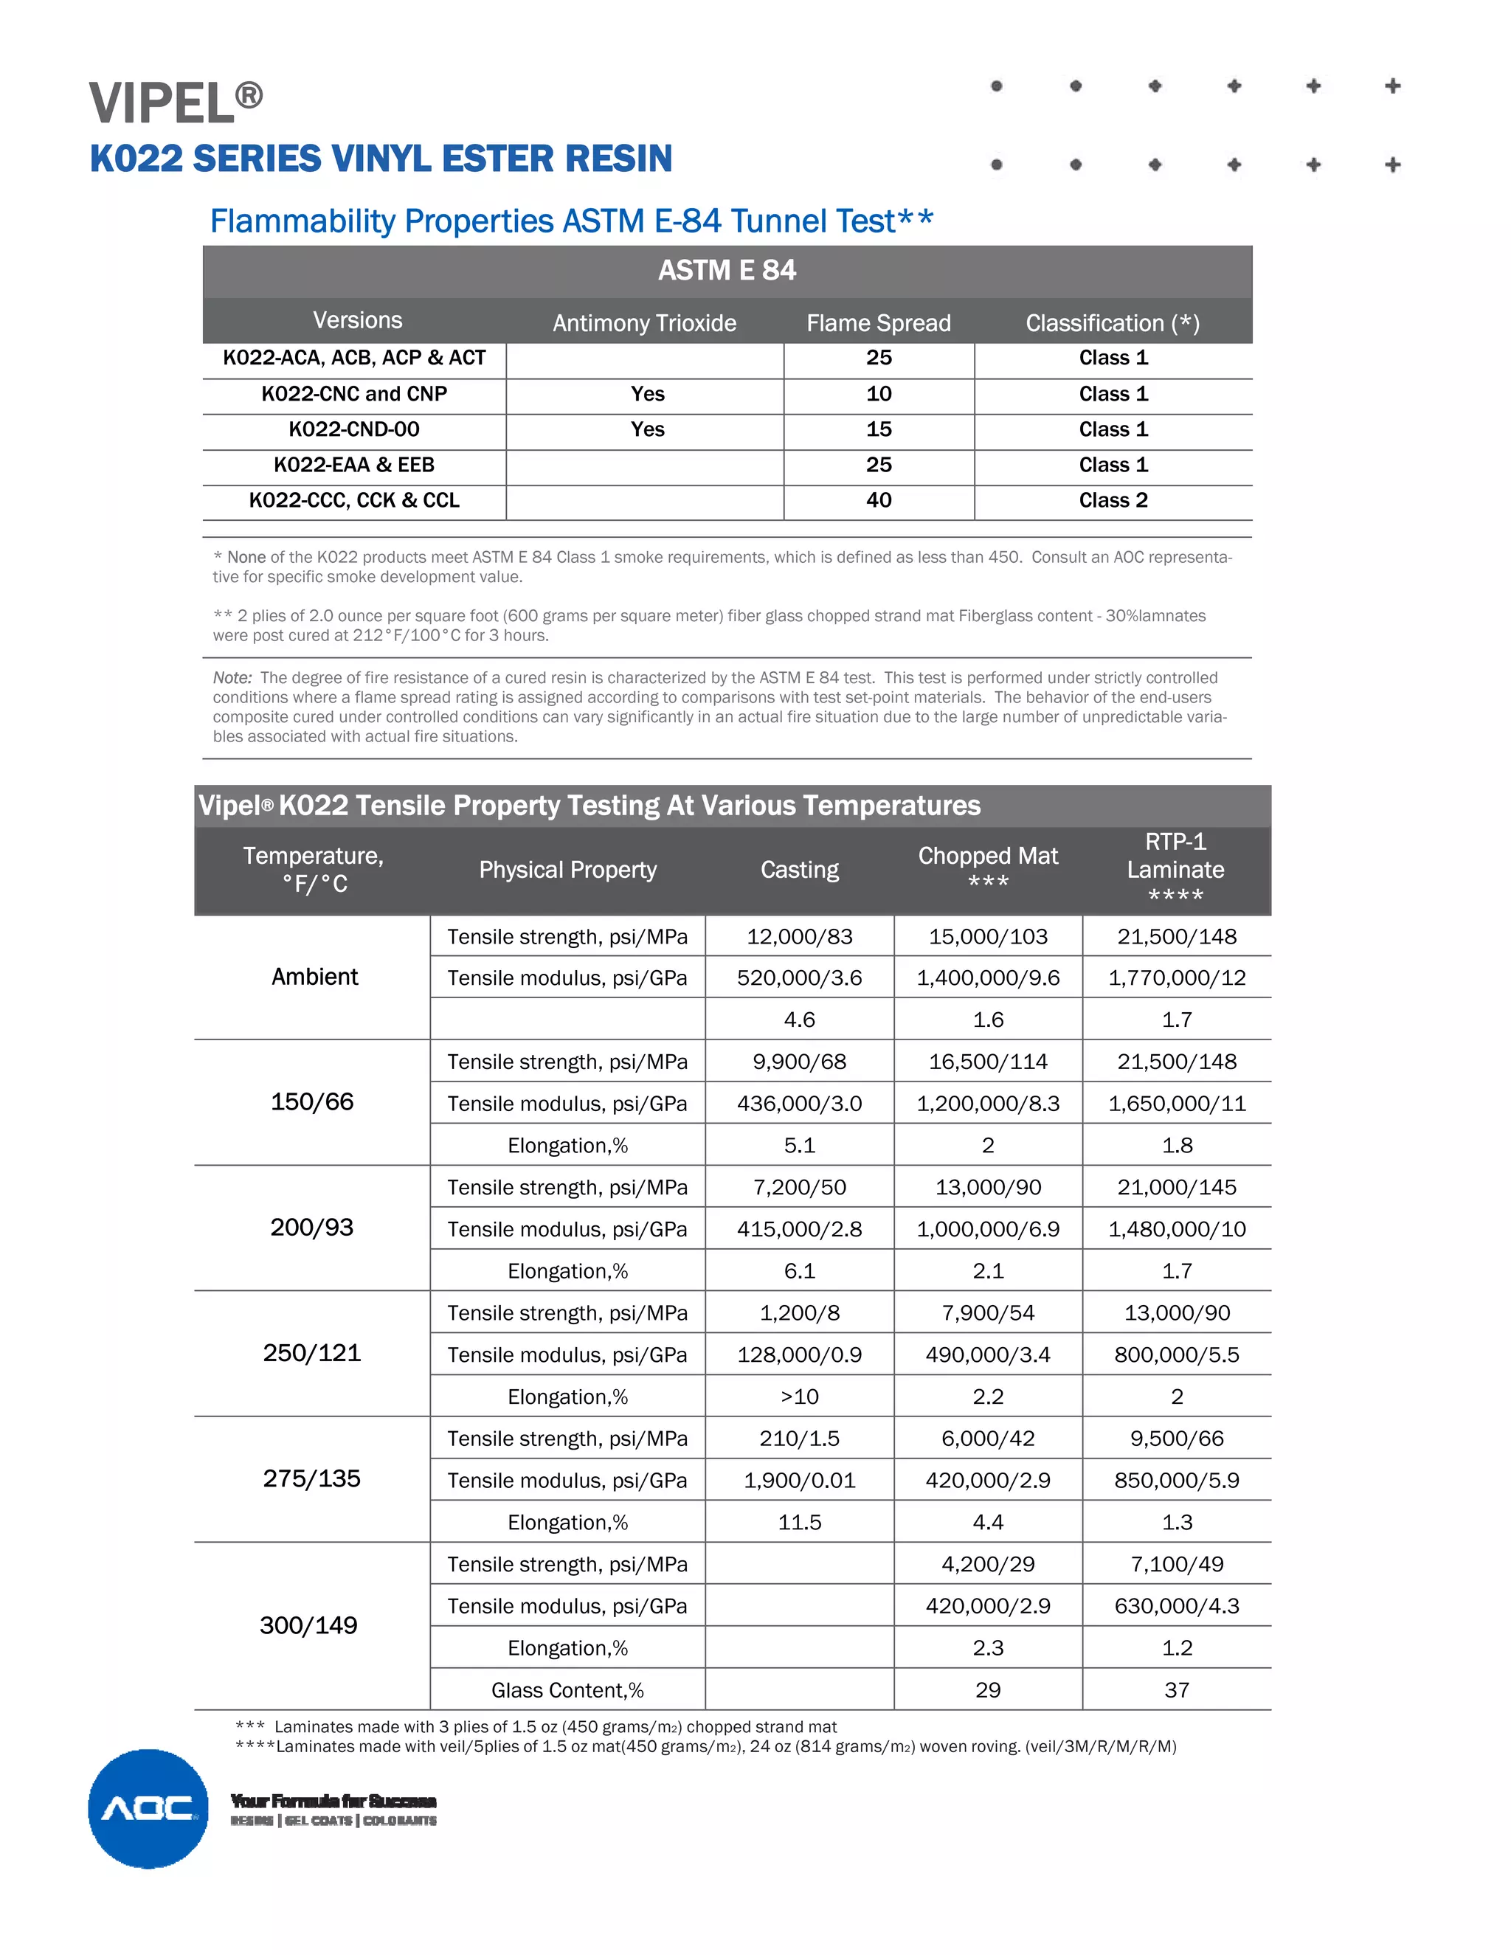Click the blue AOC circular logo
(x=148, y=1808)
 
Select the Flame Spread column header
(x=878, y=323)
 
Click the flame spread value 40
(x=878, y=500)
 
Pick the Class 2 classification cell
(x=1113, y=500)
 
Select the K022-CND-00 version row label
(x=353, y=429)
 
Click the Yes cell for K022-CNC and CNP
(x=646, y=394)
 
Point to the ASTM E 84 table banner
(x=727, y=270)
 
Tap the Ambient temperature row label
(x=314, y=977)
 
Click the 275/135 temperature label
(x=311, y=1478)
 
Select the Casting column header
(x=799, y=870)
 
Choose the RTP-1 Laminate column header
(x=1175, y=868)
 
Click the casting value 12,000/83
(x=799, y=936)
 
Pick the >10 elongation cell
(x=799, y=1397)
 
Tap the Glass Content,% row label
(x=567, y=1690)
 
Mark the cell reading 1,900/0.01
(x=799, y=1481)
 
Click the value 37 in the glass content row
(x=1176, y=1690)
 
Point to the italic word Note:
(x=232, y=678)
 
